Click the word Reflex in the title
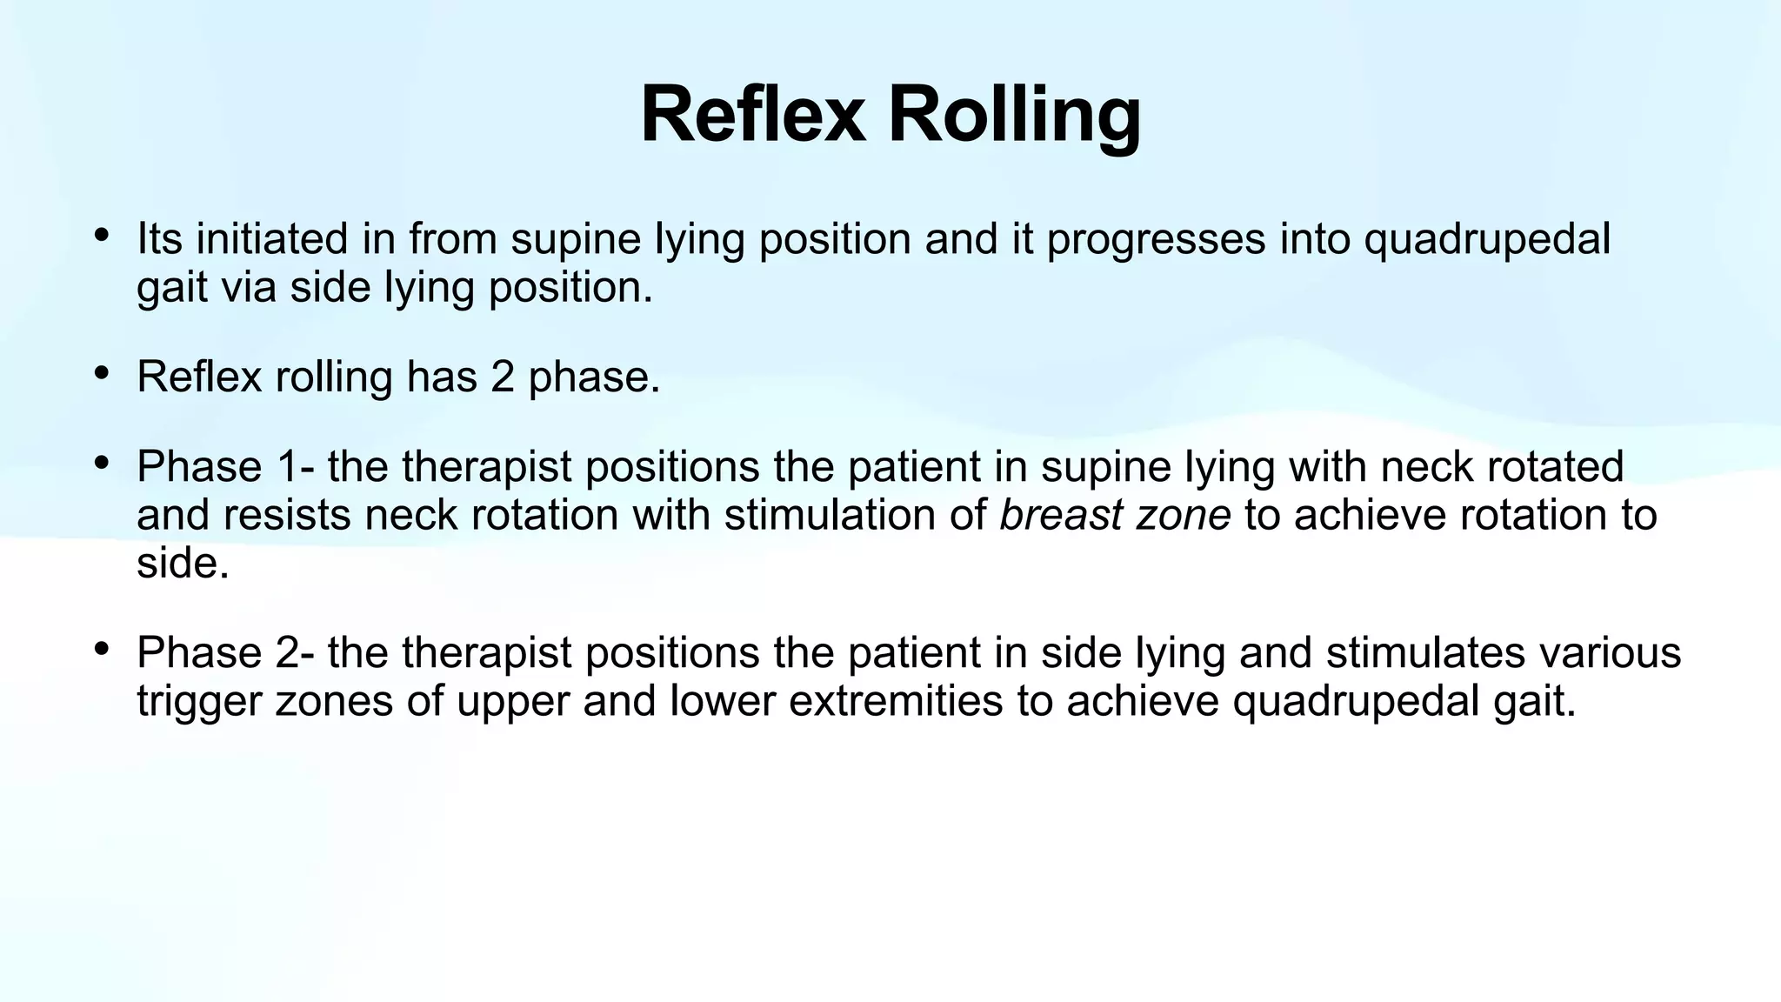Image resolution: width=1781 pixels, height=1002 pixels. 753,115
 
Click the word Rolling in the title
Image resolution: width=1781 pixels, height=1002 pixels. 1014,115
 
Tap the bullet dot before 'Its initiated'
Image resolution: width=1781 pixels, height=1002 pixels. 102,235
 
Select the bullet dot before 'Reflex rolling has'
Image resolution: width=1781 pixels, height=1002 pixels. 102,373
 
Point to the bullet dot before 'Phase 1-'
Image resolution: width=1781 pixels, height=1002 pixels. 102,464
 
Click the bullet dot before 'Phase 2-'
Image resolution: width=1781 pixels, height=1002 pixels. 102,649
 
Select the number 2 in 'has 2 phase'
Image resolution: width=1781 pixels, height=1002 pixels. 503,377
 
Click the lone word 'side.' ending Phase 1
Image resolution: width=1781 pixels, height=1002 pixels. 183,563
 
